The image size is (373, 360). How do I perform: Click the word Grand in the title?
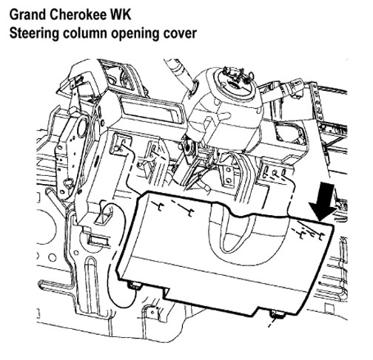click(x=28, y=15)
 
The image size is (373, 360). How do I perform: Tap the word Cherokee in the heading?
click(x=78, y=15)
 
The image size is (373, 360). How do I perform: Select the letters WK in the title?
click(x=121, y=15)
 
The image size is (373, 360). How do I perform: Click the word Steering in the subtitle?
click(x=34, y=33)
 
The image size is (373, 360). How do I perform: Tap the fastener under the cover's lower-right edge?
click(x=277, y=314)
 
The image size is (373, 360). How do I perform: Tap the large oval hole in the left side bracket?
click(x=82, y=126)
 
